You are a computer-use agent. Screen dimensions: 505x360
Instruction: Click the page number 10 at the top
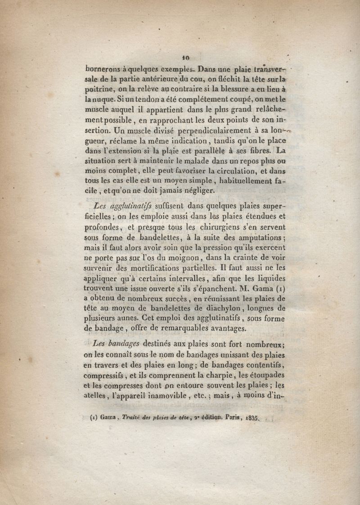pyautogui.click(x=185, y=58)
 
